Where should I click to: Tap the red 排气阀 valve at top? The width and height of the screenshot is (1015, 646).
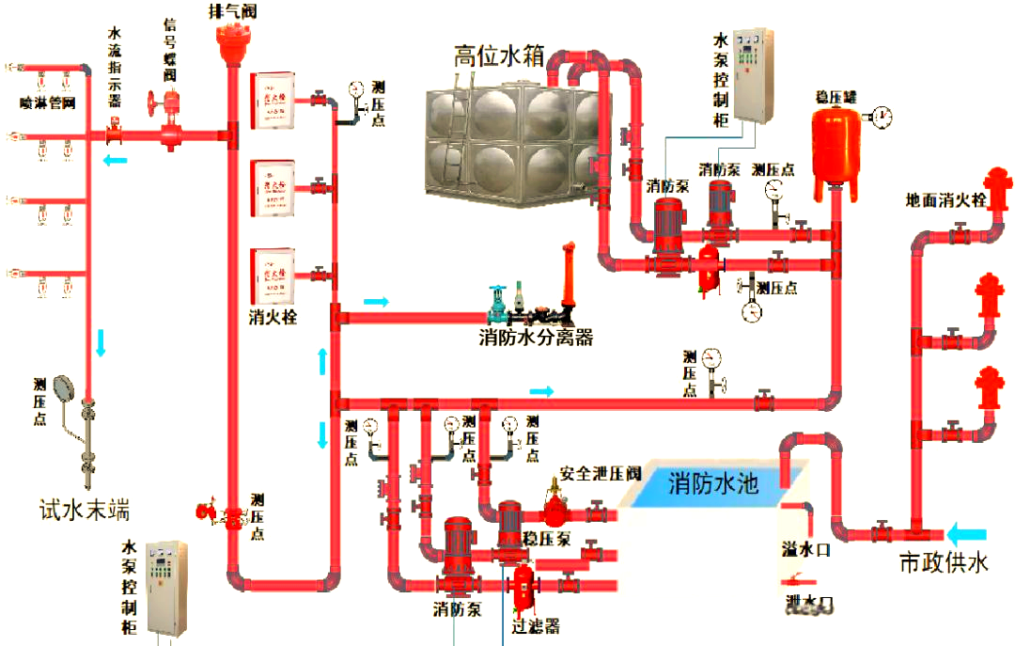click(x=228, y=41)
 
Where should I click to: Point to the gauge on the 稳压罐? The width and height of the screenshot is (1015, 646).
click(x=882, y=117)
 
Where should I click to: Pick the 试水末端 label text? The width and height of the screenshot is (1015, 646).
click(x=84, y=510)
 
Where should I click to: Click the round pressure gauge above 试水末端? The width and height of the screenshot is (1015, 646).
click(x=64, y=387)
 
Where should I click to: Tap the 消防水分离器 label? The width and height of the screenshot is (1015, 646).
click(x=536, y=338)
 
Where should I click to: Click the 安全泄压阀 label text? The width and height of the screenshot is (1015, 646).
click(x=601, y=473)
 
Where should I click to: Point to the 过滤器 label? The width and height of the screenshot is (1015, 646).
click(x=536, y=625)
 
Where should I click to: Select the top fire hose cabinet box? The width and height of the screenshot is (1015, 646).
click(x=273, y=101)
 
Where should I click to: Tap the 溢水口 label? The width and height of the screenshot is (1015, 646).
click(x=805, y=549)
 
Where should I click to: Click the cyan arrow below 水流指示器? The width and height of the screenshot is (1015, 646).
click(x=115, y=161)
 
